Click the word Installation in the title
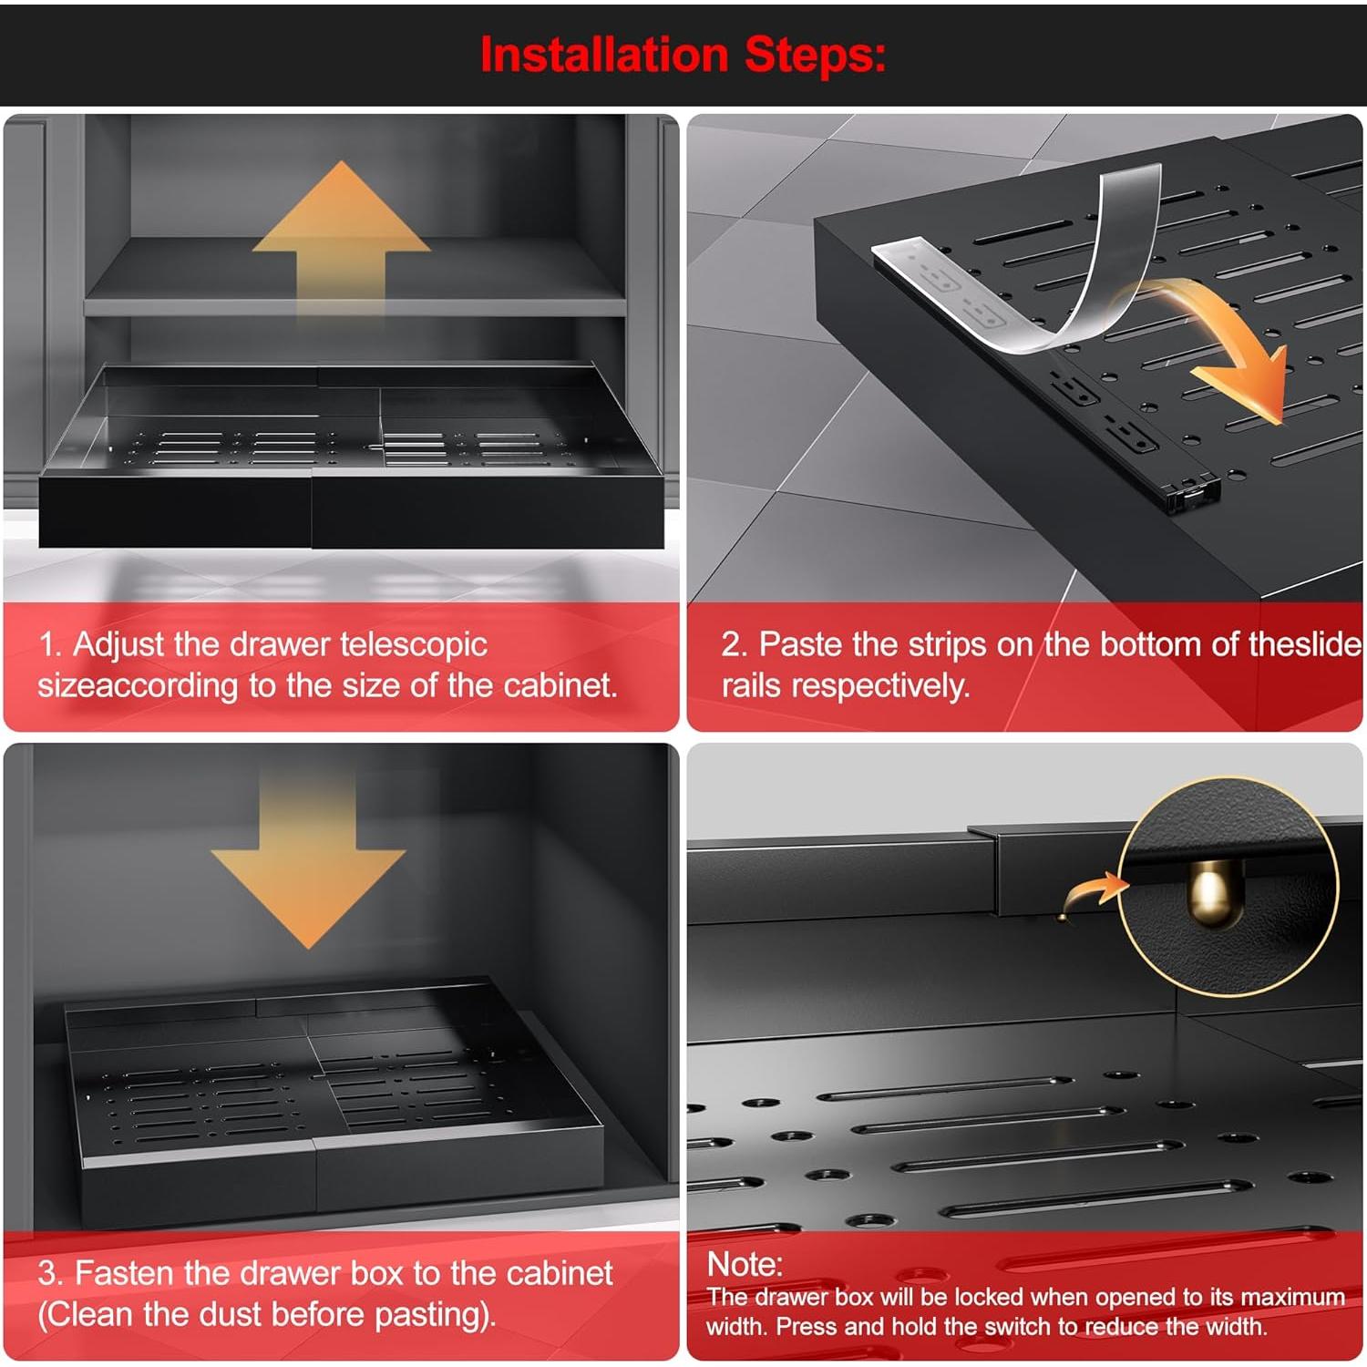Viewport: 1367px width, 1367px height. pos(604,55)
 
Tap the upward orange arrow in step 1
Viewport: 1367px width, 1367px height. pos(341,239)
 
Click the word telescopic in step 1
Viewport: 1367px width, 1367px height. pos(414,645)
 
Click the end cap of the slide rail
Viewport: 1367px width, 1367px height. pos(1193,493)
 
